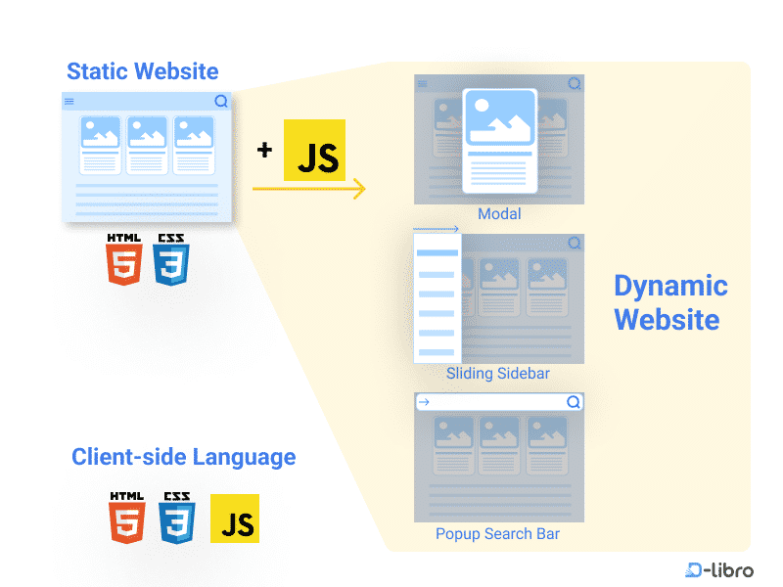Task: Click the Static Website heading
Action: [x=143, y=71]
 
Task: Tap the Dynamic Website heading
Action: [x=670, y=302]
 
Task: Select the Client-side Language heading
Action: [x=183, y=457]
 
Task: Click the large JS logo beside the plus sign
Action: [x=314, y=151]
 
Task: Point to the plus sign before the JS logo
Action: [x=264, y=151]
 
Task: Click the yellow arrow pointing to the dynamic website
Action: [x=309, y=189]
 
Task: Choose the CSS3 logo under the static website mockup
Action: [x=171, y=259]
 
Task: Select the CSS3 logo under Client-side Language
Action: [x=175, y=519]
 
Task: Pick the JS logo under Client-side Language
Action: [x=235, y=519]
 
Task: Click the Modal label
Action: [x=499, y=214]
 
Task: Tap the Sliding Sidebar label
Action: [x=498, y=374]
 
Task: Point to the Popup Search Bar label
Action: [x=498, y=534]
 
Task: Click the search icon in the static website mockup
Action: [x=221, y=101]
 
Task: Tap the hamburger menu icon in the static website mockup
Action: [x=69, y=102]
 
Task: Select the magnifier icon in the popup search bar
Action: [x=574, y=402]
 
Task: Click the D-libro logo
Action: [x=719, y=569]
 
